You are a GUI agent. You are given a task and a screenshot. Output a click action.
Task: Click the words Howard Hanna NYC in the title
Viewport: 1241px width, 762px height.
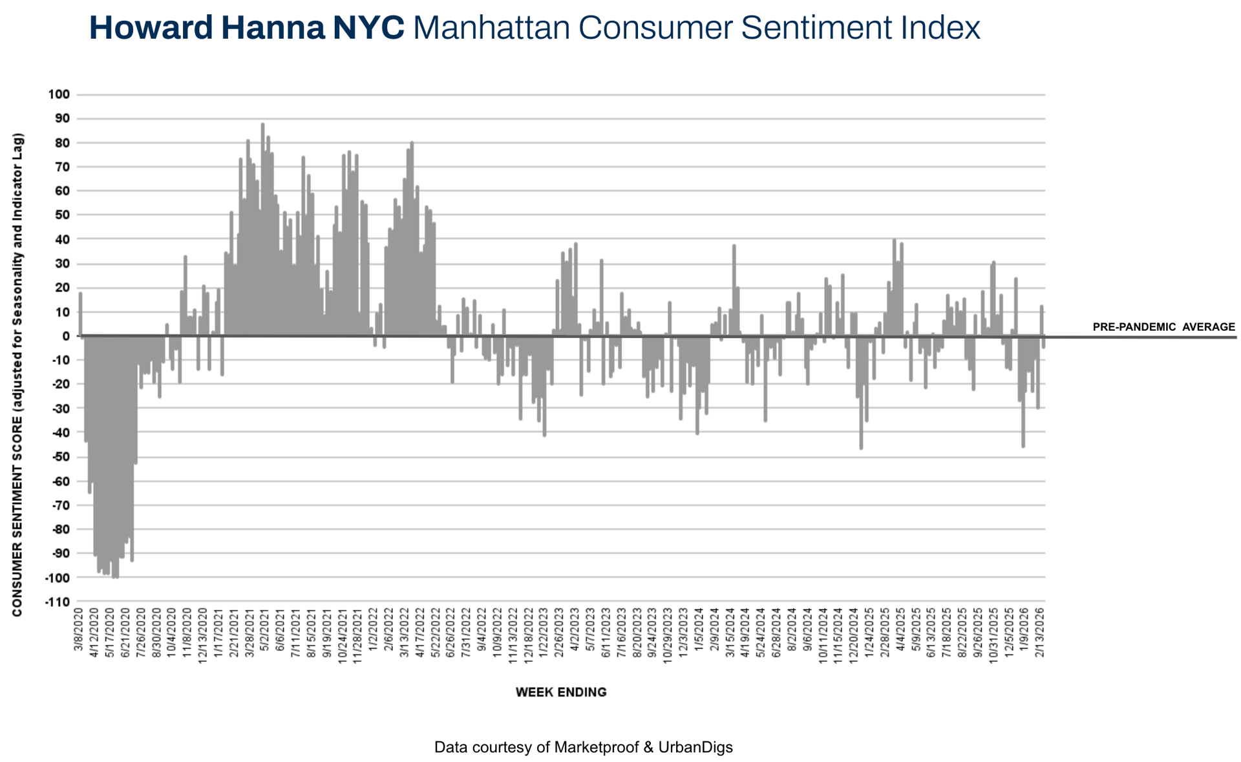[246, 28]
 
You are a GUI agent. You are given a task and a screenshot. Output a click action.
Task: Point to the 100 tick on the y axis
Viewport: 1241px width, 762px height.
[59, 95]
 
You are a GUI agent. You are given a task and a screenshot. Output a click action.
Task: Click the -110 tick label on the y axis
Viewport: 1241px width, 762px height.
[57, 602]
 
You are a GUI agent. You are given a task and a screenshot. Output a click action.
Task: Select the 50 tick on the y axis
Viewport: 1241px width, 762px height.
[62, 215]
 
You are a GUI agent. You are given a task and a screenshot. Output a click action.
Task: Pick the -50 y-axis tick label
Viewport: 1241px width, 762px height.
[59, 457]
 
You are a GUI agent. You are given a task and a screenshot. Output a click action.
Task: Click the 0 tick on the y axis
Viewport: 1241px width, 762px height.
[66, 336]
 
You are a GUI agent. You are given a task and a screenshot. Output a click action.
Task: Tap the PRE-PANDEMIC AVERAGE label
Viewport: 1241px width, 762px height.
[1163, 327]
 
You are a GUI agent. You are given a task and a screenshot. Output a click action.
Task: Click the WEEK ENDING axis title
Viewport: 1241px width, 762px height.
[561, 692]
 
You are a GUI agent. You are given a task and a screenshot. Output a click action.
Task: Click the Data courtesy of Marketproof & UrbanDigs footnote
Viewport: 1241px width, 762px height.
[583, 748]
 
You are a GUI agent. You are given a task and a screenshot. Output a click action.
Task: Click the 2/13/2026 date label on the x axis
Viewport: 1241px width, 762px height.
[1040, 631]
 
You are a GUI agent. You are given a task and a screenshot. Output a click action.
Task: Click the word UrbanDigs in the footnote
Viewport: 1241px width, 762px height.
[695, 748]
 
